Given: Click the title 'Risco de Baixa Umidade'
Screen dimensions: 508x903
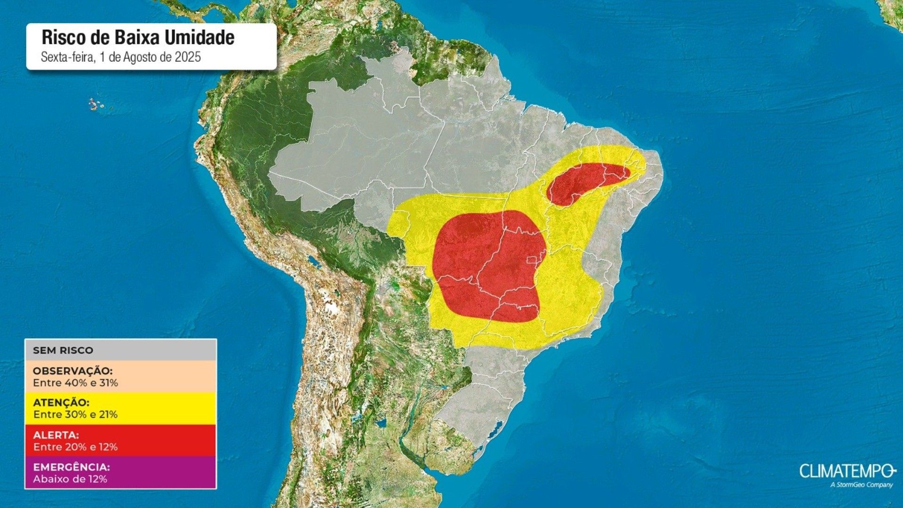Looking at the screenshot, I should click(138, 38).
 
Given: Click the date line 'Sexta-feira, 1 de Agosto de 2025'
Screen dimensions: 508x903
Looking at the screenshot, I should click(121, 57).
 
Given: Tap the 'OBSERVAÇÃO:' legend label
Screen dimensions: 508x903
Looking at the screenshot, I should click(72, 371).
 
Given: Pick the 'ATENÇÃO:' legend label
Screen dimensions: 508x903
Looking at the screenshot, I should click(61, 403).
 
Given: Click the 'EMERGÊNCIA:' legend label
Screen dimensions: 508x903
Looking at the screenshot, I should click(71, 467).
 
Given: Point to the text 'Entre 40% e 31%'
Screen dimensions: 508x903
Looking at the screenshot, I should click(75, 383).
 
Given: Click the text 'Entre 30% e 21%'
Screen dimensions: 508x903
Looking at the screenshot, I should click(75, 414).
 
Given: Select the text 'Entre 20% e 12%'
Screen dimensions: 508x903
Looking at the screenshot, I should click(75, 446).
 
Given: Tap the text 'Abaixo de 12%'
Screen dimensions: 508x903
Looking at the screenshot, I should click(70, 479).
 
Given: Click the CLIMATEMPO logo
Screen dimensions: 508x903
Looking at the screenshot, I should click(845, 471).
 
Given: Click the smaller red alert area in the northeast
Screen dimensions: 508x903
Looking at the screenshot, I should click(583, 181).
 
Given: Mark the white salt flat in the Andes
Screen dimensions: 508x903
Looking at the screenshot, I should click(332, 308).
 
